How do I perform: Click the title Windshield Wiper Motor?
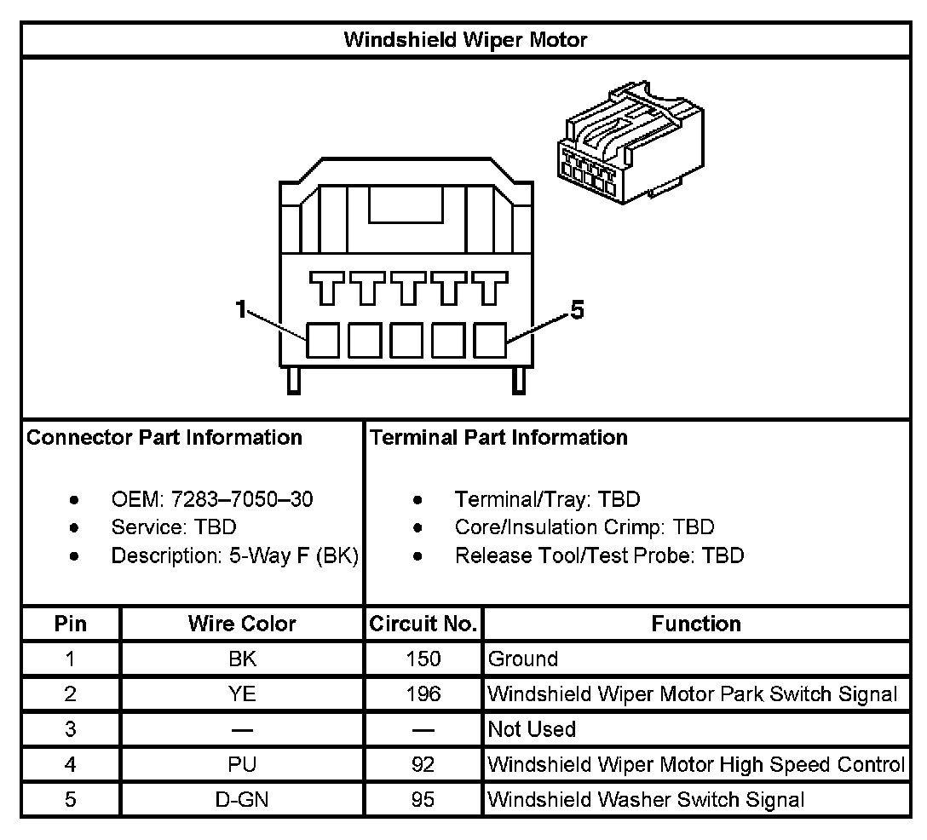pos(464,39)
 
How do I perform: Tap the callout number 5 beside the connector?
pos(577,312)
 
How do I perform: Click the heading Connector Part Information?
pos(164,438)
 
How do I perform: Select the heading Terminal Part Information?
pos(498,438)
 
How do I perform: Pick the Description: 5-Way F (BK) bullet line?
pos(234,555)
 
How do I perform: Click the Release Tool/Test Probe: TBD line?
pos(599,555)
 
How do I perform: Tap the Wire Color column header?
pos(242,624)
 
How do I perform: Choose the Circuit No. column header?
pos(423,624)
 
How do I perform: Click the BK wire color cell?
pos(242,659)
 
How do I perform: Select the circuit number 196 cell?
pos(423,694)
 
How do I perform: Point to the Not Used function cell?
pos(532,729)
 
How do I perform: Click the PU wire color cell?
pos(242,764)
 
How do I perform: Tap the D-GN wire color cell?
pos(242,800)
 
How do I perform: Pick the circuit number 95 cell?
pos(423,800)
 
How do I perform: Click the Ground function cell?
pos(523,659)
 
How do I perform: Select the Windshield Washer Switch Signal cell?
pos(646,800)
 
